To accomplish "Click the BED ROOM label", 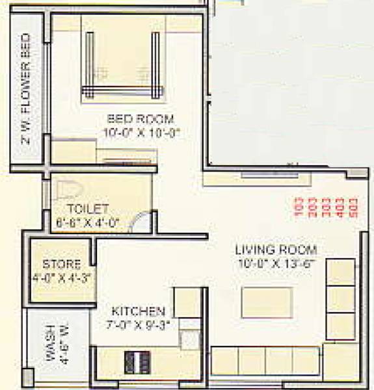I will [x=140, y=119].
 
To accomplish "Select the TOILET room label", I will [x=87, y=209].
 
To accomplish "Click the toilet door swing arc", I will [x=137, y=222].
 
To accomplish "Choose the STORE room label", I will [x=62, y=265].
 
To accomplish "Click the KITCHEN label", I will [x=138, y=311].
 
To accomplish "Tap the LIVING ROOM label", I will [x=276, y=250].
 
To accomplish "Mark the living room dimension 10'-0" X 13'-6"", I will [x=276, y=262].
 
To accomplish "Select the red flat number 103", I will [x=299, y=207].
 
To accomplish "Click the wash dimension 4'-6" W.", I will [x=64, y=340].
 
